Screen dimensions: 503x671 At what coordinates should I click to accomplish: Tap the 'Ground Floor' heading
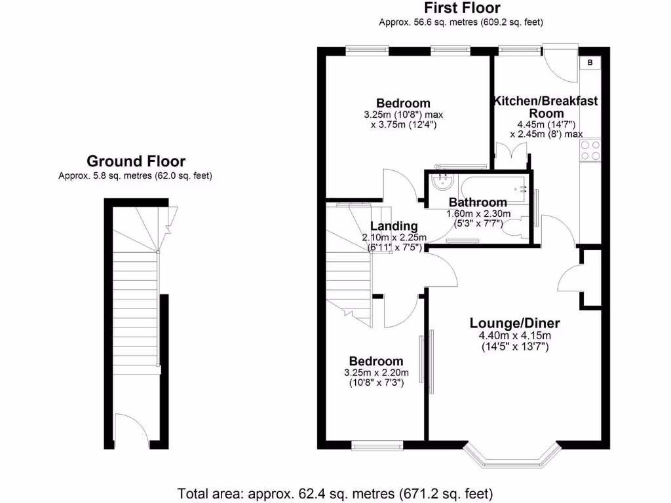pos(136,161)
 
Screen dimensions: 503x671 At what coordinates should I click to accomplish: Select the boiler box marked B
pos(590,63)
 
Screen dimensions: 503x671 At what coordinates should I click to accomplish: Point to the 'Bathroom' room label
pos(478,202)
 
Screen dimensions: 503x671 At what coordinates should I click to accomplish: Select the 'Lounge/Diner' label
pos(514,323)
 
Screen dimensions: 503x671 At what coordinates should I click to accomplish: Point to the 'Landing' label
pos(394,227)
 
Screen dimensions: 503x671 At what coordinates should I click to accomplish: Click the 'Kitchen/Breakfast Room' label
pos(545,107)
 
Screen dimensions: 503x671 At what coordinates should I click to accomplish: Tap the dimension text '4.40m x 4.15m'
pos(514,336)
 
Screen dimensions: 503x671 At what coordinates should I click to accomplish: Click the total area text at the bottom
pos(335,493)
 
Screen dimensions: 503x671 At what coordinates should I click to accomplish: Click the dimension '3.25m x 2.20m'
pos(376,373)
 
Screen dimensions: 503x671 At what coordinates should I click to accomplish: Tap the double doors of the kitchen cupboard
pos(511,156)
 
